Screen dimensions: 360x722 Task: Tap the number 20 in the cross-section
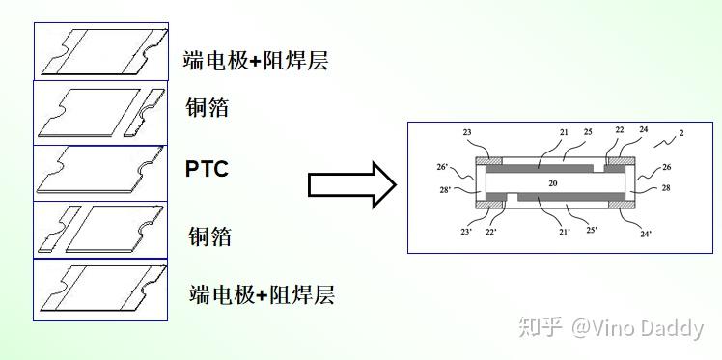point(553,181)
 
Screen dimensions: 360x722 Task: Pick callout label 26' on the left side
point(442,167)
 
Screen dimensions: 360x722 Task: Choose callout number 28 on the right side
point(666,188)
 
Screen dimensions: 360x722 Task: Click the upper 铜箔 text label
point(208,106)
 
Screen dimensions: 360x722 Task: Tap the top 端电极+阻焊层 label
point(257,61)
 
